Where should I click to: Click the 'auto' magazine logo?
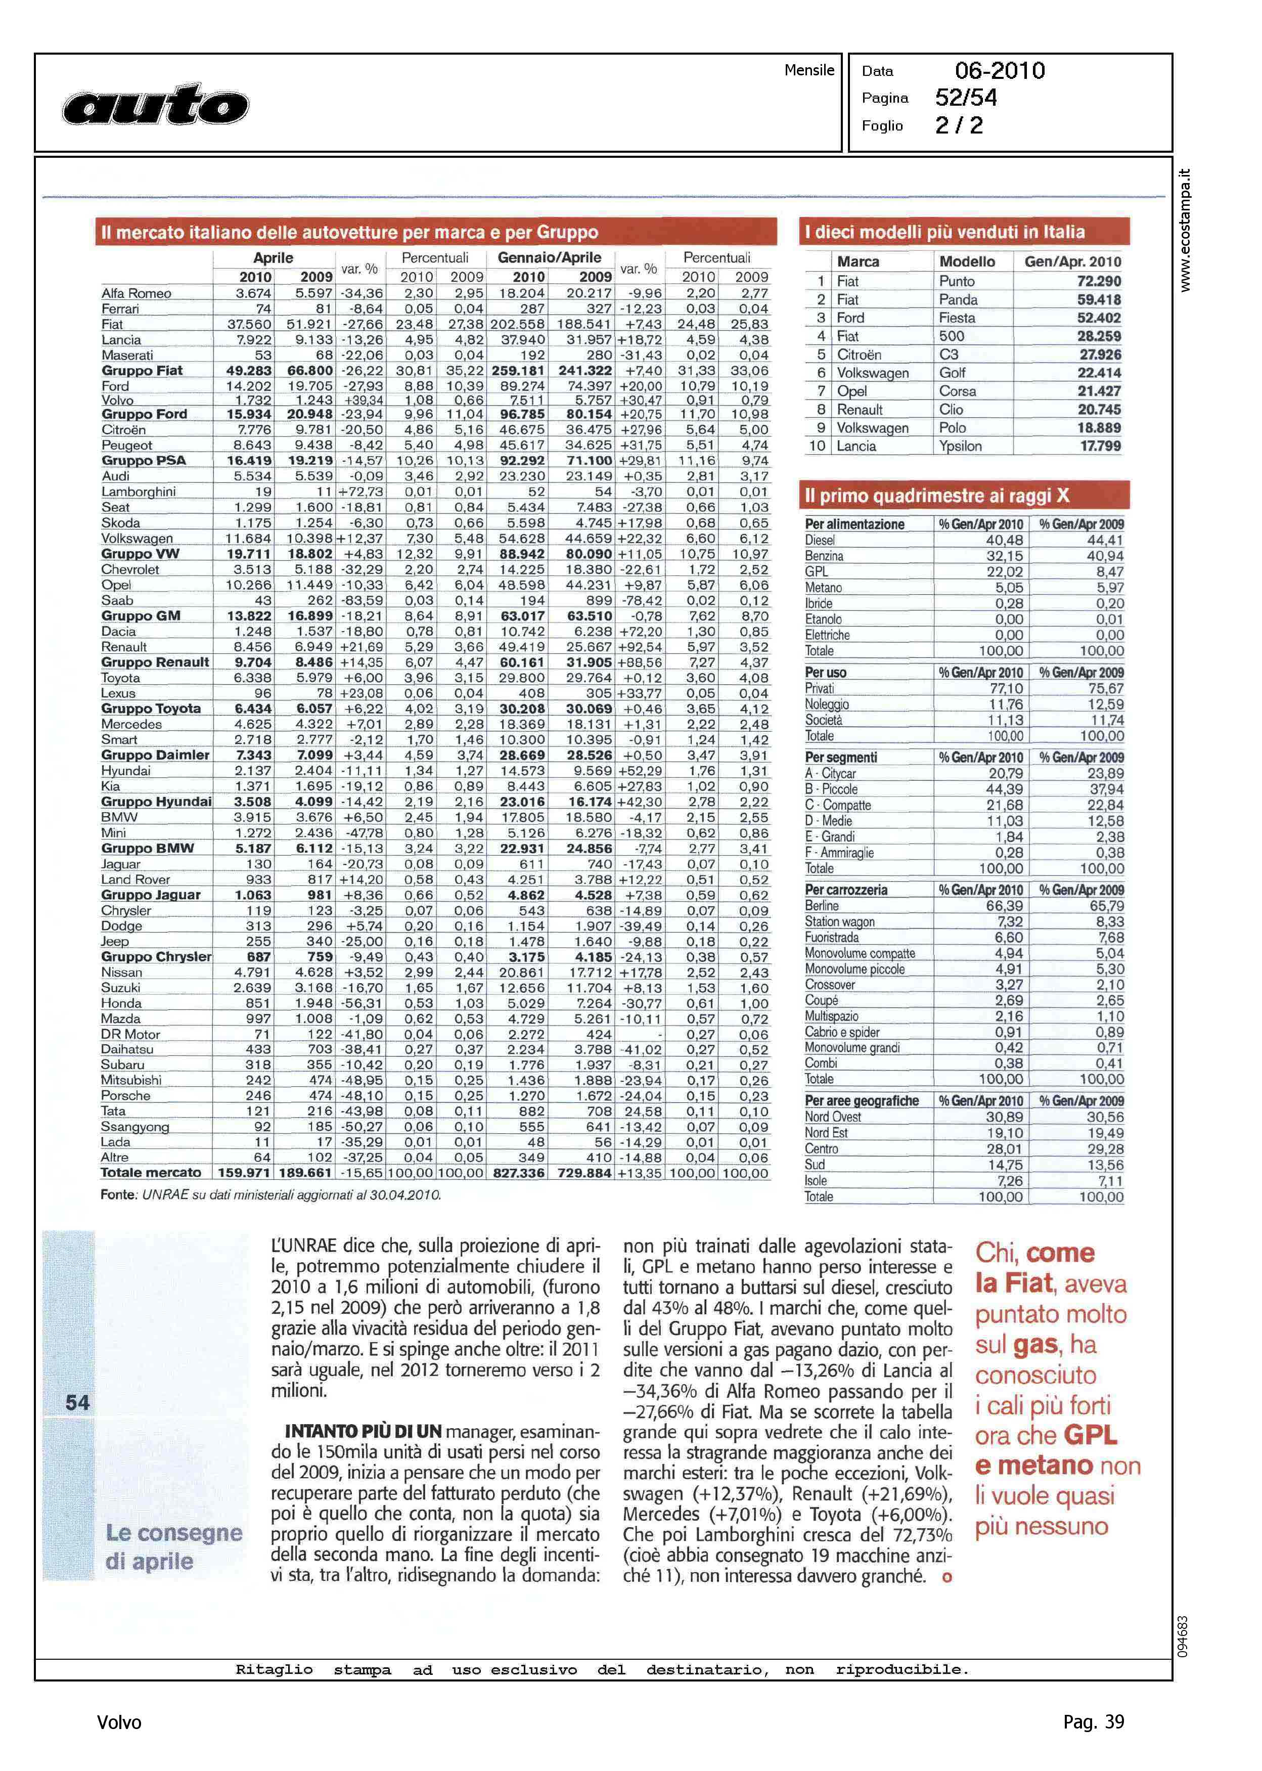pyautogui.click(x=155, y=105)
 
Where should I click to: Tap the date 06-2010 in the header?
pyautogui.click(x=1000, y=71)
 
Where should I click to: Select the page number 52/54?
pyautogui.click(x=966, y=98)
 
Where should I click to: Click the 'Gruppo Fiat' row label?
pyautogui.click(x=142, y=371)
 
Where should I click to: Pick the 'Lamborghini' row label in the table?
pyautogui.click(x=139, y=492)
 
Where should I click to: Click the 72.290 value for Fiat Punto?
pyautogui.click(x=1099, y=281)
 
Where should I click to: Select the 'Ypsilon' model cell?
pyautogui.click(x=961, y=446)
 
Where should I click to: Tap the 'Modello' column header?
pyautogui.click(x=967, y=262)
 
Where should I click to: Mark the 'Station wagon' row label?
pyautogui.click(x=840, y=921)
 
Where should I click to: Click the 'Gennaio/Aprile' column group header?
pyautogui.click(x=550, y=258)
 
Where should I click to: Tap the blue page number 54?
pyautogui.click(x=78, y=1403)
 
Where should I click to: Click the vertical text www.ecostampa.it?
pyautogui.click(x=1184, y=230)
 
